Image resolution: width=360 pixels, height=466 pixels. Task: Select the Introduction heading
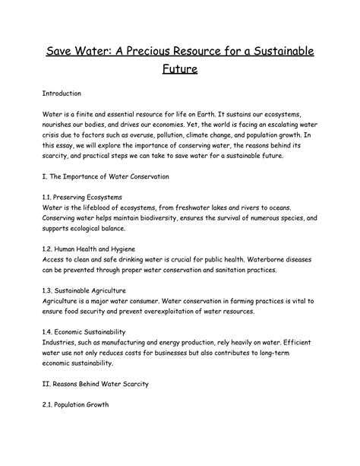62,94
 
